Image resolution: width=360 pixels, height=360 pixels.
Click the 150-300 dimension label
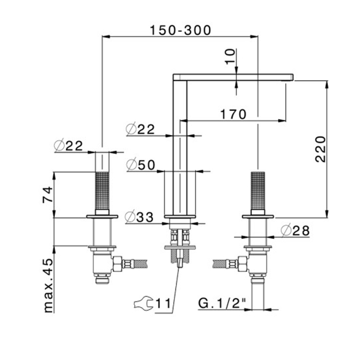coord(180,30)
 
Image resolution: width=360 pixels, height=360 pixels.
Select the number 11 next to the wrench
coord(164,304)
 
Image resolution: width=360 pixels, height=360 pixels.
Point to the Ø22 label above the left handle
coord(68,146)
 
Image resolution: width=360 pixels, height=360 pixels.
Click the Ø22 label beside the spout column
coord(140,129)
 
